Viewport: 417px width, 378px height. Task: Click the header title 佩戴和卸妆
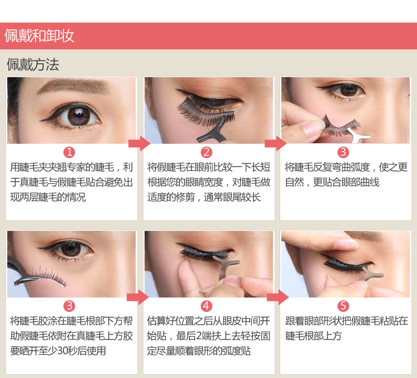click(x=39, y=36)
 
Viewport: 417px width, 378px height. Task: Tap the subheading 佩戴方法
click(x=33, y=64)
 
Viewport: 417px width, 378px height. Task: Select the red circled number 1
click(x=69, y=153)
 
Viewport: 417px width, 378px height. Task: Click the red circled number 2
click(x=206, y=153)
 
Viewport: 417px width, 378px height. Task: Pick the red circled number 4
click(x=206, y=306)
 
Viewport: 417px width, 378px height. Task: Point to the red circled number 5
click(x=343, y=306)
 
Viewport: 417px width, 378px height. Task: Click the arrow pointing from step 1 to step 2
click(x=139, y=144)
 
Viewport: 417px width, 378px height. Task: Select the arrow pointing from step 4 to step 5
click(x=277, y=298)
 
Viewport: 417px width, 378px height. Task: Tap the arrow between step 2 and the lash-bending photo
click(x=276, y=144)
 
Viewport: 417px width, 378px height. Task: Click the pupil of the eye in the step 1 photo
click(x=79, y=115)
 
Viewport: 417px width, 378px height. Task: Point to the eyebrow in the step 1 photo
click(x=73, y=85)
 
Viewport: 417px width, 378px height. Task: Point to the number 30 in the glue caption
click(x=63, y=351)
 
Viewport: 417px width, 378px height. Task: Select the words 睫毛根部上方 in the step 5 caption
click(x=314, y=336)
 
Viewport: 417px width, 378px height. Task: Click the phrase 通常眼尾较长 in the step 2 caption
click(x=232, y=197)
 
